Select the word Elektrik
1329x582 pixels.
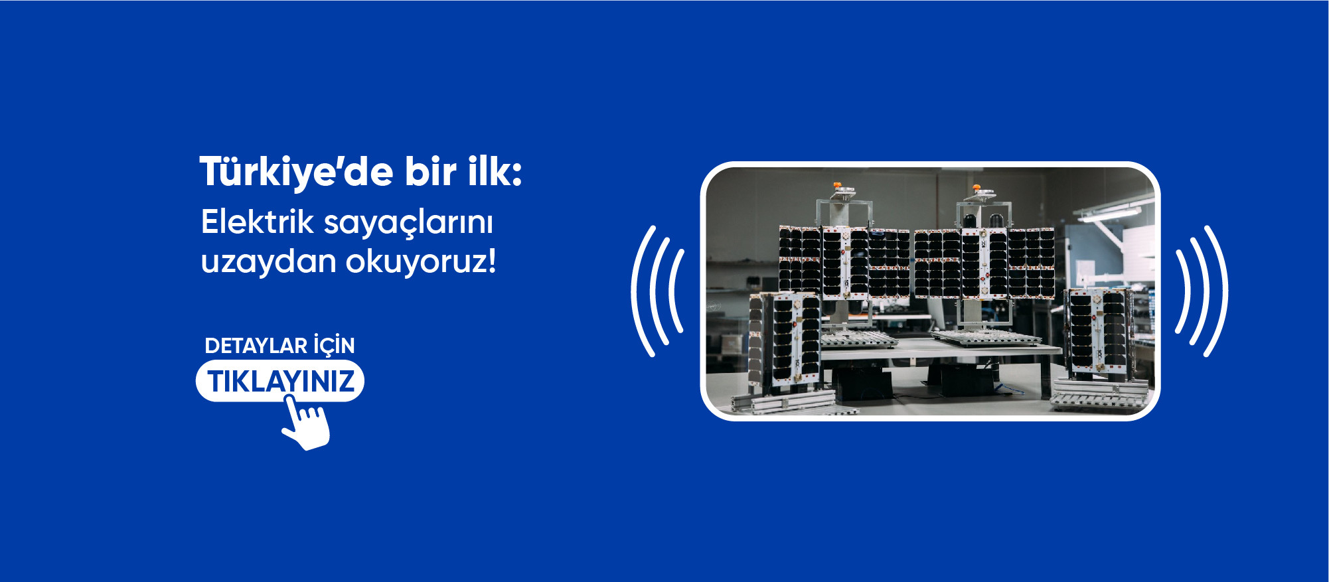coord(258,221)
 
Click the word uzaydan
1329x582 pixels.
coord(269,260)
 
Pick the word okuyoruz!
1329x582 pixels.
coord(421,261)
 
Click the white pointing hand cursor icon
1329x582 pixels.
coord(306,422)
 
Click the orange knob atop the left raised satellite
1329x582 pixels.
coord(837,186)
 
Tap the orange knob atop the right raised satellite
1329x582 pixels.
coord(975,188)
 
